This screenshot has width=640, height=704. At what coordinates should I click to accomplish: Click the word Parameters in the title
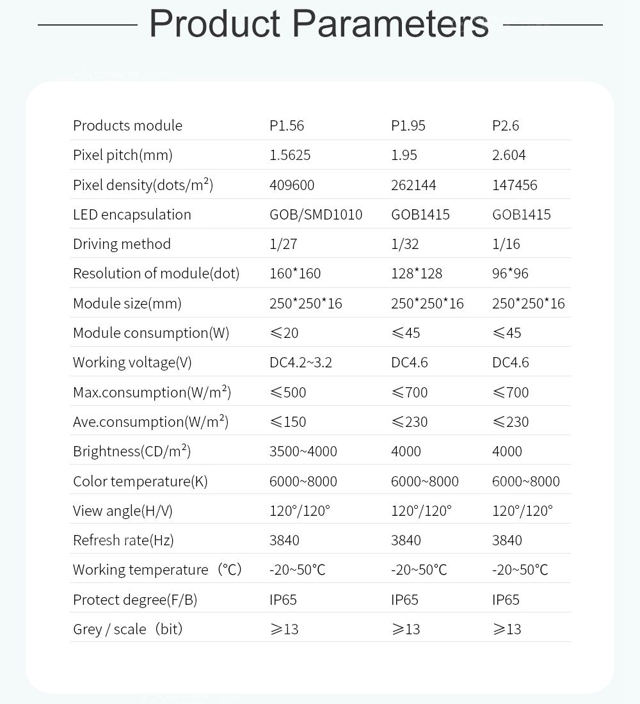[x=390, y=24]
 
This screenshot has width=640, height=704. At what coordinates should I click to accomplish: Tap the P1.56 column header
[x=287, y=125]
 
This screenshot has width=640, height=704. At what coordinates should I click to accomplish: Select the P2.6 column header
[x=506, y=125]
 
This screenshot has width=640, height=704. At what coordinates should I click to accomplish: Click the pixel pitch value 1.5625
[x=290, y=155]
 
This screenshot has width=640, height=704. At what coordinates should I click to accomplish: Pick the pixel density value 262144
[x=413, y=185]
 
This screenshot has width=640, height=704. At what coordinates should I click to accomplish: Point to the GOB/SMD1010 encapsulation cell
[x=316, y=214]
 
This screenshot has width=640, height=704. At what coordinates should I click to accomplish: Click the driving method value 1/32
[x=404, y=244]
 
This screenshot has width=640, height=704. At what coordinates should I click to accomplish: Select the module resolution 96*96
[x=510, y=273]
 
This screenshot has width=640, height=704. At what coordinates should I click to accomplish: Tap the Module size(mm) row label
[x=127, y=303]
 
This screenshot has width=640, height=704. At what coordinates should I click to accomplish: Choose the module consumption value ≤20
[x=284, y=333]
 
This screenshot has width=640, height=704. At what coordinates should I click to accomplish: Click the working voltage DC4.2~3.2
[x=301, y=362]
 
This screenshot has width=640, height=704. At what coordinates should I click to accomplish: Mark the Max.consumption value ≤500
[x=288, y=392]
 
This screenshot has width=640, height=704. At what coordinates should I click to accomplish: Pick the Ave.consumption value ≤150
[x=288, y=422]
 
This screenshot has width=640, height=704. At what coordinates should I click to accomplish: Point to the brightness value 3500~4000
[x=303, y=451]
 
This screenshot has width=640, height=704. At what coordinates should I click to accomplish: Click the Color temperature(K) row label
[x=140, y=481]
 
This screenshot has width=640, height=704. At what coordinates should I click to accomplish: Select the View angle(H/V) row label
[x=123, y=511]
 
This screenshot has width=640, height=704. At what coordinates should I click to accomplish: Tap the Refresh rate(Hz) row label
[x=124, y=540]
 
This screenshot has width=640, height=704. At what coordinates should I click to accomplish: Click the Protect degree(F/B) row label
[x=135, y=600]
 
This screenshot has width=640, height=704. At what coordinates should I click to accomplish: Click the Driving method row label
[x=122, y=244]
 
